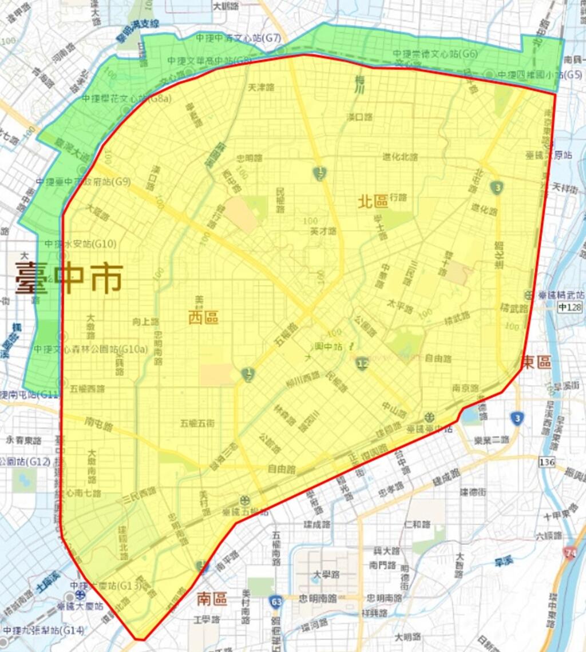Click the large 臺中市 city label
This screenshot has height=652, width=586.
69,279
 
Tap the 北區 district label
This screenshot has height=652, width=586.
373,201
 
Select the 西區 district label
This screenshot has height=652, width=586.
204,317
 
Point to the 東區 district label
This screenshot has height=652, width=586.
536,362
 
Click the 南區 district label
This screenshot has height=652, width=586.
212,599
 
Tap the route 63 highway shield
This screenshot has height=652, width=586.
275,602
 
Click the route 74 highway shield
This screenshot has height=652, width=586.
570,552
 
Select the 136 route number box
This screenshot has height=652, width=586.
547,461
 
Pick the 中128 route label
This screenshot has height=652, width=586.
571,308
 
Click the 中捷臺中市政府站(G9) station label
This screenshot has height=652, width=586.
84,182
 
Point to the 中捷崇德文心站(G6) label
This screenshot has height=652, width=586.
435,54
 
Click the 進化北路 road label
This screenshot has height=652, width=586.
401,157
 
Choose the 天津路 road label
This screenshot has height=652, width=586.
262,88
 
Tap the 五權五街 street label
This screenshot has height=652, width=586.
197,423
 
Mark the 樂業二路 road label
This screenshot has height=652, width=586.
492,439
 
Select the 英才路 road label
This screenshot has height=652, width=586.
323,231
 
